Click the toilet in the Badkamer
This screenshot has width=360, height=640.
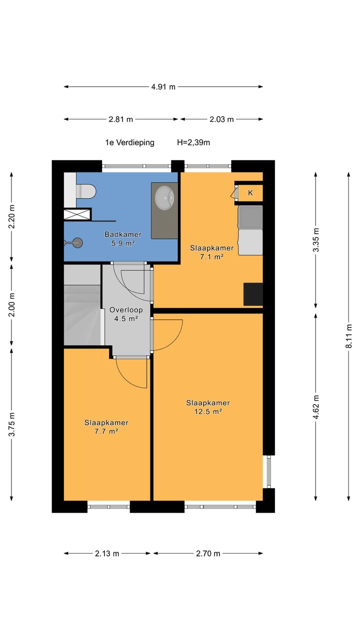tap(85, 191)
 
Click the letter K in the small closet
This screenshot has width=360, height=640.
tap(250, 193)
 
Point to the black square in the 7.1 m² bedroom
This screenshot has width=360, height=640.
tap(253, 294)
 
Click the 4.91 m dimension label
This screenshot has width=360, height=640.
tap(163, 87)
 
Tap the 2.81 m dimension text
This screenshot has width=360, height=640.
tap(120, 119)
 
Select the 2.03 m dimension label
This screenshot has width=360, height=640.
tap(221, 119)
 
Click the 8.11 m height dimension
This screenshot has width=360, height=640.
tap(348, 336)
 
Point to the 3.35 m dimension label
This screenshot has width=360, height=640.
tap(315, 239)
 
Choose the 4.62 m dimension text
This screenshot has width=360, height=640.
tap(315, 407)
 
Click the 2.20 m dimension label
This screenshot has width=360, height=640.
tap(11, 217)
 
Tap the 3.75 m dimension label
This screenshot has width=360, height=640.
tap(11, 424)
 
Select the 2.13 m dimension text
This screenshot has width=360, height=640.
tap(107, 553)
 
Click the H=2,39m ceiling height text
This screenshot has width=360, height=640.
tap(193, 142)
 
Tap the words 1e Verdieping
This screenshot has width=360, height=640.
tap(129, 142)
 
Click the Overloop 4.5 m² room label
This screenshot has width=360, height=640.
tap(126, 314)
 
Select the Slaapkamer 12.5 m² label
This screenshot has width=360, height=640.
tap(208, 407)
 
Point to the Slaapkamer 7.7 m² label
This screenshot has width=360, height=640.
tap(106, 427)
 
